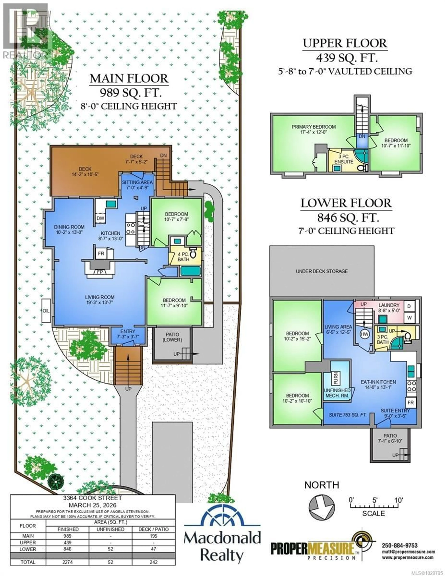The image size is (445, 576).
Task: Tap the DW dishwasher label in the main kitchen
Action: pos(100,218)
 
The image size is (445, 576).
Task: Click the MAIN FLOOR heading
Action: pos(129,79)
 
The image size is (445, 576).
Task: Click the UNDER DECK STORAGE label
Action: pos(322,271)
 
